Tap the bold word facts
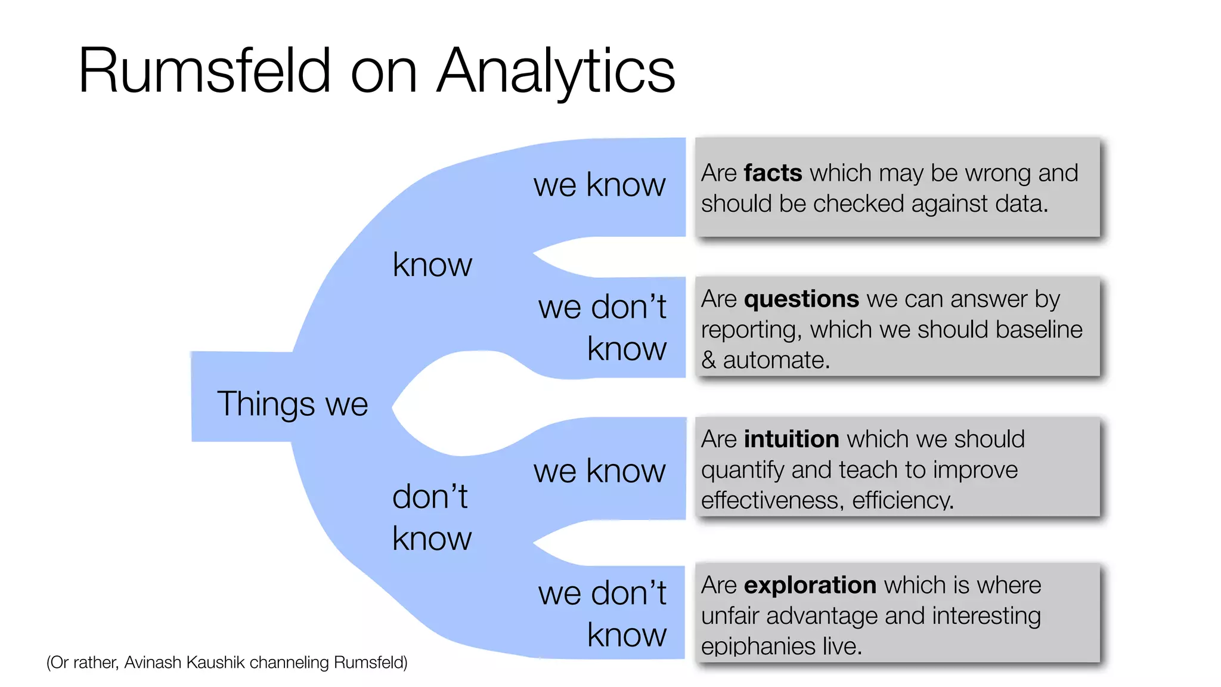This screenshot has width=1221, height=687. pyautogui.click(x=773, y=173)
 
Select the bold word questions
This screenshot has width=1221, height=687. pyautogui.click(x=801, y=299)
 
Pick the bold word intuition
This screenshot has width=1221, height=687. pyautogui.click(x=791, y=439)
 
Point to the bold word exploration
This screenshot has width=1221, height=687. pyautogui.click(x=810, y=585)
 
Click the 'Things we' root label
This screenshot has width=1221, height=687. pyautogui.click(x=292, y=404)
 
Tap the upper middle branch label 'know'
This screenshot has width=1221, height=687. pyautogui.click(x=432, y=265)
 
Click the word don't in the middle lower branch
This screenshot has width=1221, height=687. pyautogui.click(x=429, y=496)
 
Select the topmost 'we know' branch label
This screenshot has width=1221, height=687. pyautogui.click(x=599, y=184)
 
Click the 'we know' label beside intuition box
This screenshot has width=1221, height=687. pyautogui.click(x=599, y=471)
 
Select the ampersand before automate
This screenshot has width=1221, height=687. pyautogui.click(x=708, y=360)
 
